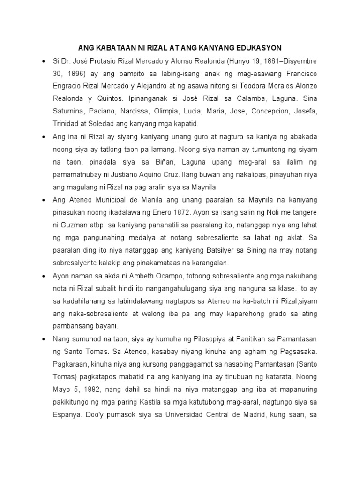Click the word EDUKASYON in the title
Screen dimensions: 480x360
click(x=259, y=48)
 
